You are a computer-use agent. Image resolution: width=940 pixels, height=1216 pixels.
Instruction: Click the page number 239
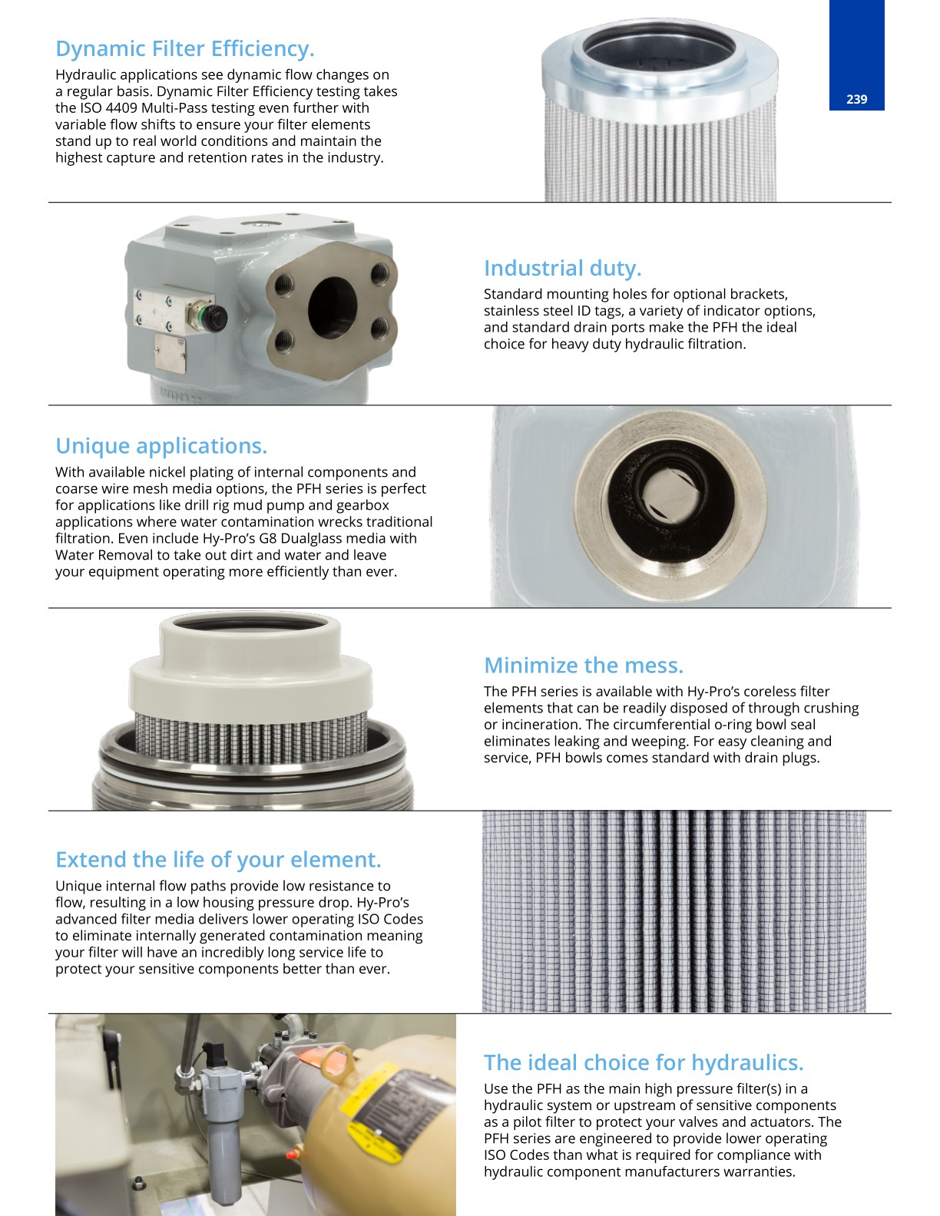click(x=856, y=99)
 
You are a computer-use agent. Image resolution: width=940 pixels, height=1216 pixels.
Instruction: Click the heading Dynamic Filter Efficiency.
click(x=185, y=48)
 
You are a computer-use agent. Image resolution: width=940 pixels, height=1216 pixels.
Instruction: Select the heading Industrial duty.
click(x=563, y=268)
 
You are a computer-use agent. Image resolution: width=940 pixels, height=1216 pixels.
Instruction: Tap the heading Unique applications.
click(x=161, y=446)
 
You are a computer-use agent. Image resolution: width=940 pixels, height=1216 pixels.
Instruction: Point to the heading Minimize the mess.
click(x=584, y=666)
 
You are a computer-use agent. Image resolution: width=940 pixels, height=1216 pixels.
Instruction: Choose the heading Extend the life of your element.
click(x=218, y=860)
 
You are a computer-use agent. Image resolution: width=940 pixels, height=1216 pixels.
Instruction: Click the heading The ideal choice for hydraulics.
click(x=644, y=1062)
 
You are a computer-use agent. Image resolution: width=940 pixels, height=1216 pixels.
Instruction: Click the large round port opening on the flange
click(x=333, y=307)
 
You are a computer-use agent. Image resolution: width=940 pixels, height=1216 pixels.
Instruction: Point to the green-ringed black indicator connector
click(x=213, y=317)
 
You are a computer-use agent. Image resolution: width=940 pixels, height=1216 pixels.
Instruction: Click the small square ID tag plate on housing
click(x=170, y=354)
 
